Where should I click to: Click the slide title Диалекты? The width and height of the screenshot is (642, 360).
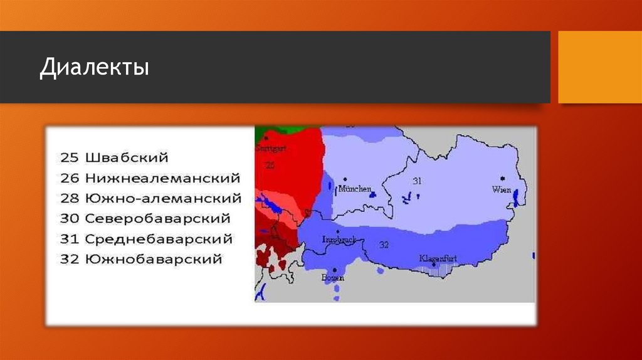click(x=95, y=67)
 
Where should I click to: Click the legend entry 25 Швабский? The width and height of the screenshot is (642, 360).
click(x=114, y=157)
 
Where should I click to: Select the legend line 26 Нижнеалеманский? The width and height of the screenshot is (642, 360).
click(x=150, y=178)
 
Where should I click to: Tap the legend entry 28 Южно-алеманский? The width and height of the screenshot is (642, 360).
click(x=150, y=198)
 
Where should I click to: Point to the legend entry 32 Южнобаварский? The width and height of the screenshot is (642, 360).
click(x=142, y=258)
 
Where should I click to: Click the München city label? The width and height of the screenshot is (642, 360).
click(x=355, y=189)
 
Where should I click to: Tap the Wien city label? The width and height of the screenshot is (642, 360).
click(x=502, y=189)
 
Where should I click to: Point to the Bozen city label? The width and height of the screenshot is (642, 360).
click(x=330, y=277)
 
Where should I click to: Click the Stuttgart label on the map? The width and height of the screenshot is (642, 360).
click(x=270, y=149)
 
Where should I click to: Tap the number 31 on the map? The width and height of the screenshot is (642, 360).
click(x=418, y=181)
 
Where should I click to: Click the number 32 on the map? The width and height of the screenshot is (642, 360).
click(x=384, y=244)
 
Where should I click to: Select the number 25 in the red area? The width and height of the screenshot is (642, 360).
click(x=270, y=165)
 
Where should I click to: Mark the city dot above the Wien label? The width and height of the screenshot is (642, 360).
click(x=503, y=179)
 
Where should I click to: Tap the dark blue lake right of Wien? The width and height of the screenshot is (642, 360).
click(x=515, y=198)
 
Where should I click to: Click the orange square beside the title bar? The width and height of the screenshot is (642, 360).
click(x=599, y=67)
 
